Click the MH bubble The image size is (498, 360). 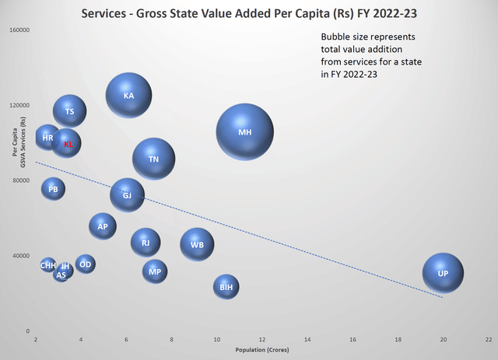coord(245,132)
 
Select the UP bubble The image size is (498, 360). coord(443,274)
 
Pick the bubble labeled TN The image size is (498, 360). coord(154,159)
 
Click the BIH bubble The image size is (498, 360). coord(226,287)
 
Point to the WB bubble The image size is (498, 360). coord(197,245)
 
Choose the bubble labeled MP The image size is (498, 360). coord(155,271)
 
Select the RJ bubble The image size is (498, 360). coord(146,243)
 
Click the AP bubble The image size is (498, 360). coord(102,226)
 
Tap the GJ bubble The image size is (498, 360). coord(127,195)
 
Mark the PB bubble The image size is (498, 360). coord(53,189)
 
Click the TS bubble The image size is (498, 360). coord(70,112)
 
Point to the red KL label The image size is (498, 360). coord(68,144)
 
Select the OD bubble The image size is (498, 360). coord(86,264)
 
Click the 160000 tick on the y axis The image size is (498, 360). coord(19,30)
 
